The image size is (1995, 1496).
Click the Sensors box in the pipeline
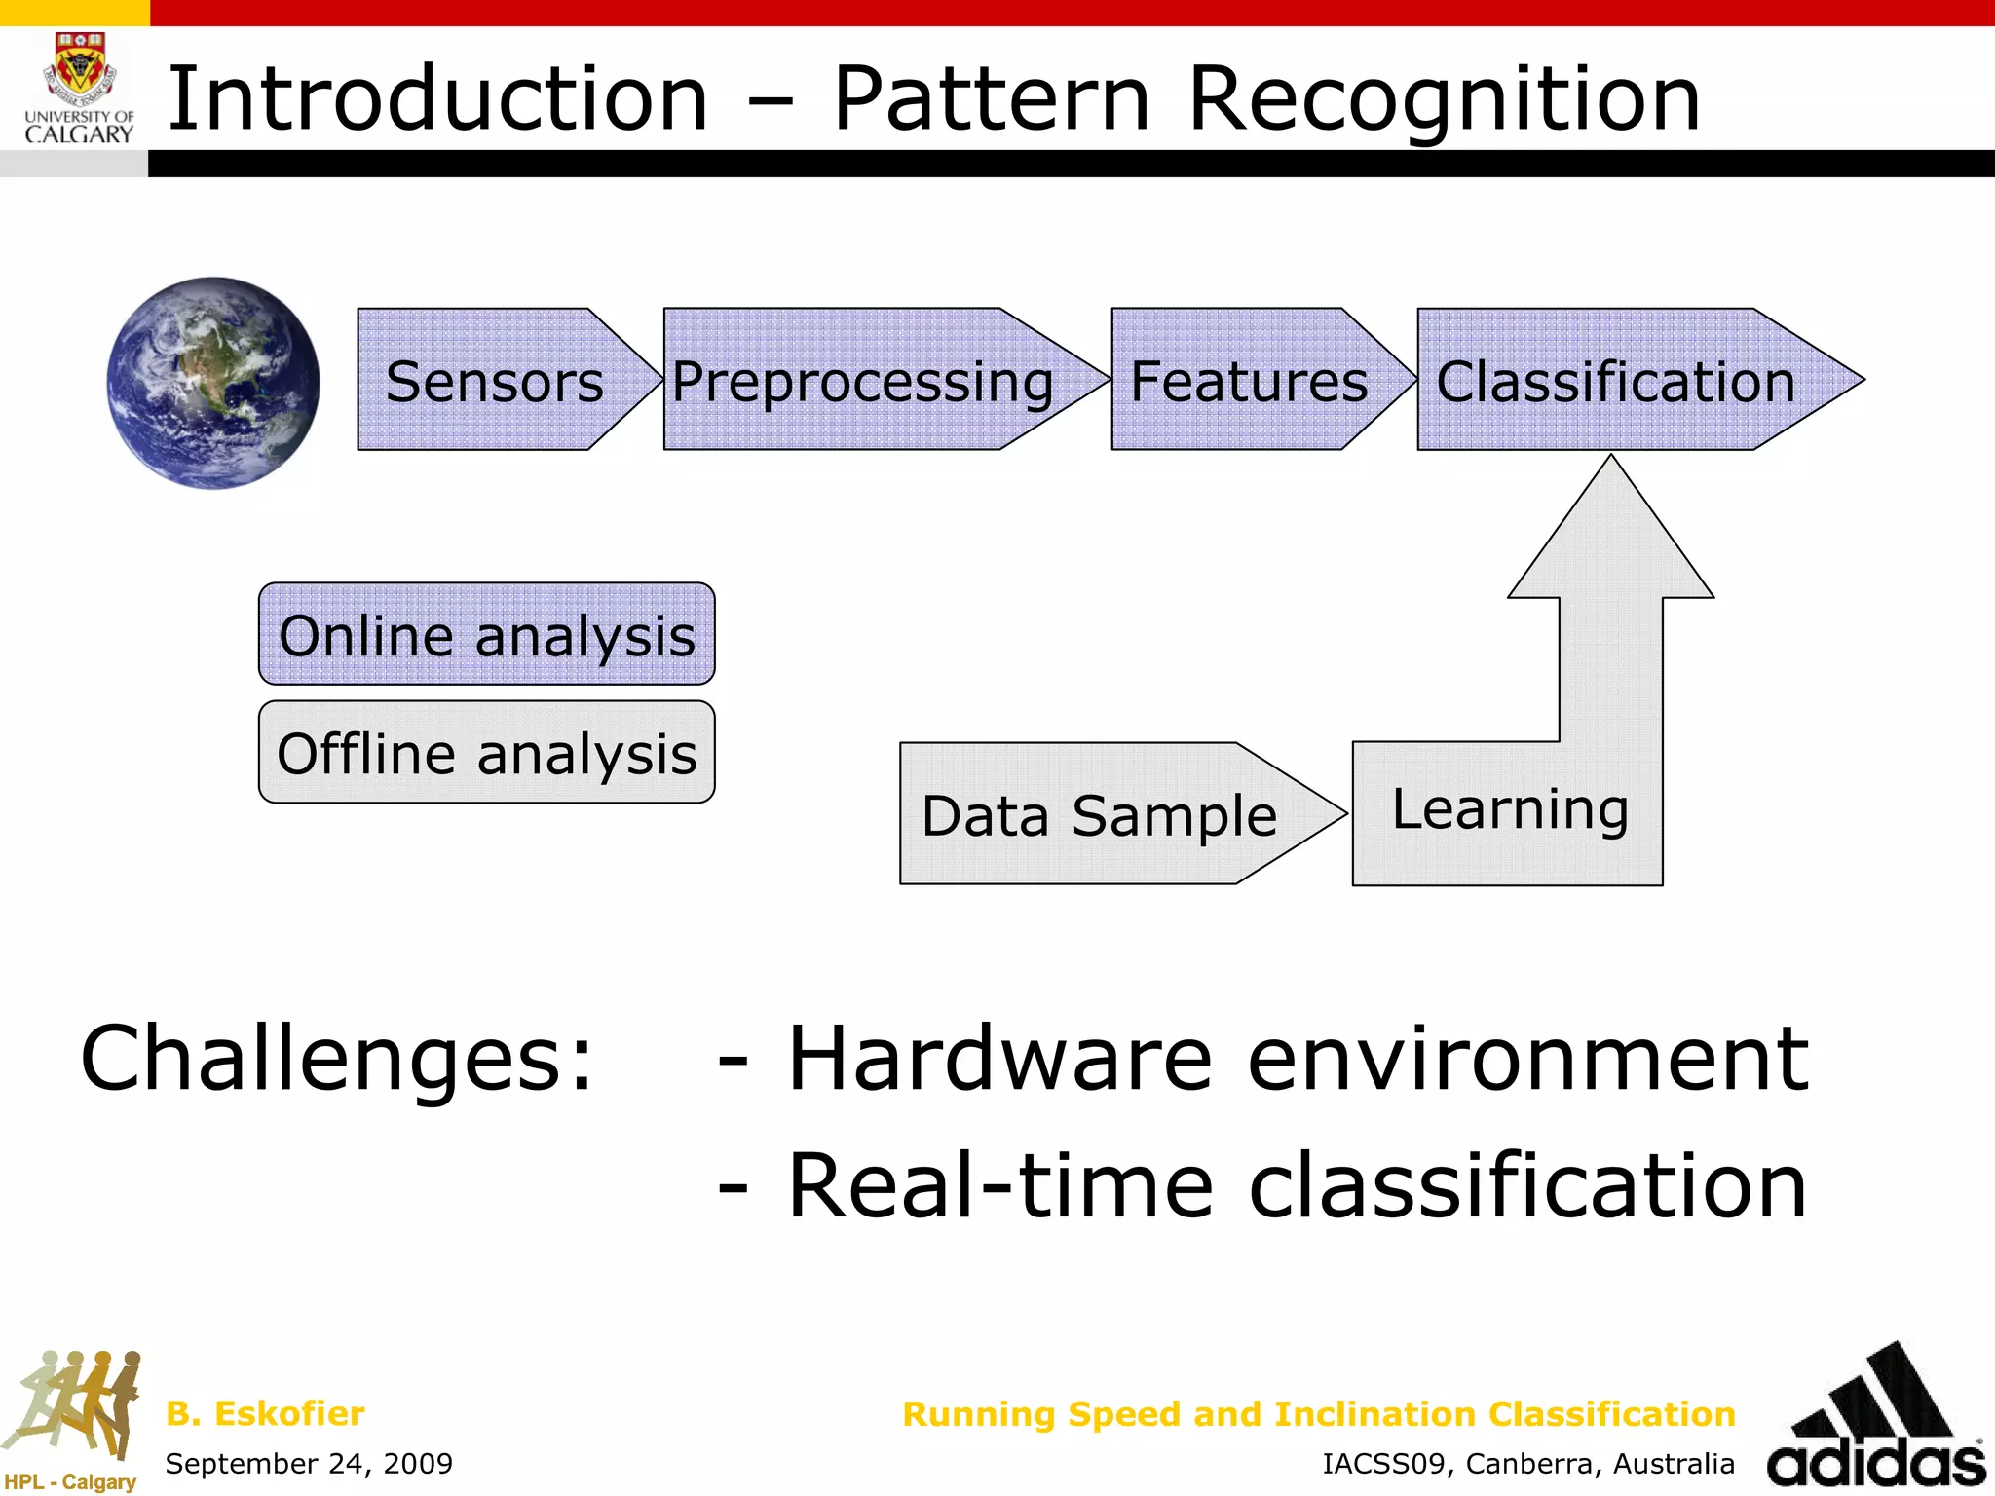495,381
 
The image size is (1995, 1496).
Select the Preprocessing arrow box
863,381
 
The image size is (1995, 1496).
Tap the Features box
1249,381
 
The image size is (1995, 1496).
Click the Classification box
1615,381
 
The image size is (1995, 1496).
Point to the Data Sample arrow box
1099,814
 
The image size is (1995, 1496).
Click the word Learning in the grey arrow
1510,809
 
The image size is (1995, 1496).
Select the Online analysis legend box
487,635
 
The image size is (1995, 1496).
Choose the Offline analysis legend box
487,753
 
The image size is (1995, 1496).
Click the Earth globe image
213,383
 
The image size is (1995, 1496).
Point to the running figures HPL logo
73,1412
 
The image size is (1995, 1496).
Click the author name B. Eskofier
265,1413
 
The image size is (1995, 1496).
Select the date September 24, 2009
309,1463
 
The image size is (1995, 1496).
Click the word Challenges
336,1059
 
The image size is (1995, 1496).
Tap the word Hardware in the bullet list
999,1059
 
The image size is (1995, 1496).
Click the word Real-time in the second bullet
999,1185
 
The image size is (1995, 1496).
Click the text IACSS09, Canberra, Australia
1527,1464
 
